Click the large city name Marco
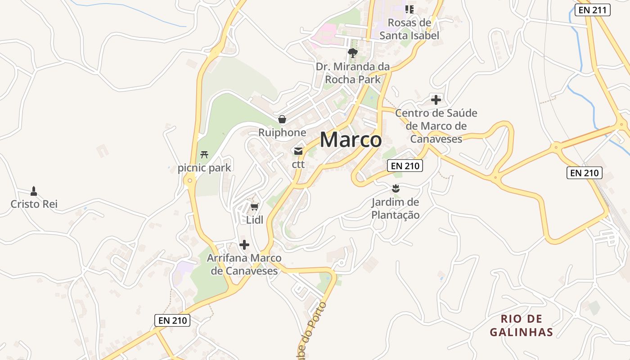tap(351, 139)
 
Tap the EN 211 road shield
tap(593, 10)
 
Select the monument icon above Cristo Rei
tap(34, 191)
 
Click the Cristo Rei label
tap(34, 204)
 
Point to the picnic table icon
tap(204, 155)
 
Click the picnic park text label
tap(204, 168)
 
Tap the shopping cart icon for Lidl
tap(254, 207)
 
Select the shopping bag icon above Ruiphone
tap(282, 119)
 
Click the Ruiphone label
tap(282, 133)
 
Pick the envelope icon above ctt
tap(298, 151)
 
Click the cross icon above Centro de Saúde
tap(436, 99)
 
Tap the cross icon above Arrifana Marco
tap(244, 245)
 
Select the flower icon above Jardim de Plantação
tap(396, 188)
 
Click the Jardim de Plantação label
tap(396, 208)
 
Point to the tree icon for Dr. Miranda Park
tap(352, 53)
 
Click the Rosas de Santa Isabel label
tap(409, 29)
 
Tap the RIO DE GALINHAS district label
tap(521, 326)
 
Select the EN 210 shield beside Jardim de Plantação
tap(405, 166)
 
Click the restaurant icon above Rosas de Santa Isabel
tap(409, 9)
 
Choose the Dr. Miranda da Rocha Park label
tap(352, 73)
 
